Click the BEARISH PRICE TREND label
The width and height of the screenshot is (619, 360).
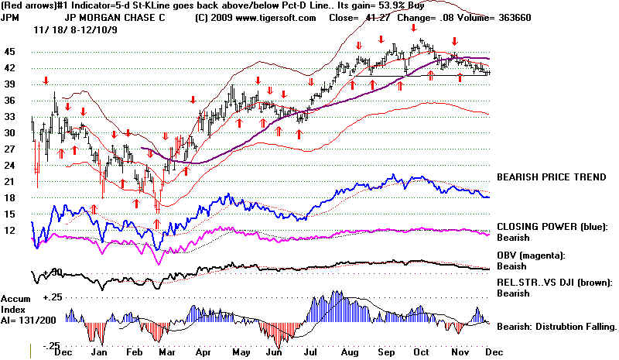(551, 177)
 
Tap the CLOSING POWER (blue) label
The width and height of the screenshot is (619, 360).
(556, 228)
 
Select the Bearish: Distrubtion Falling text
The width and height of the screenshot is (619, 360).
(556, 327)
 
